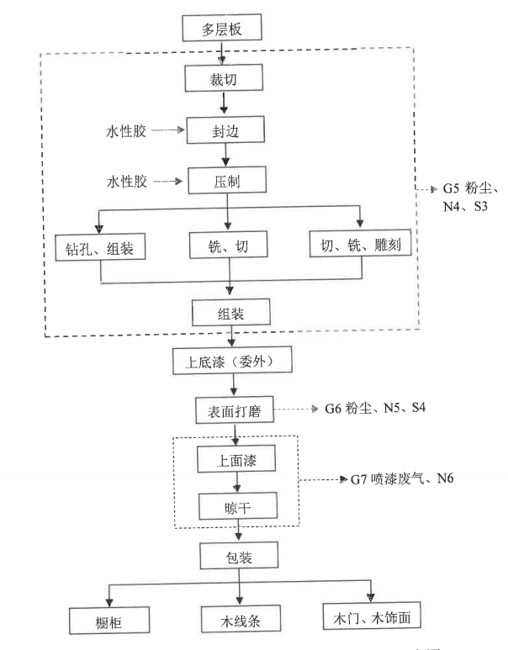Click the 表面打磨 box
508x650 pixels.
(230, 411)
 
